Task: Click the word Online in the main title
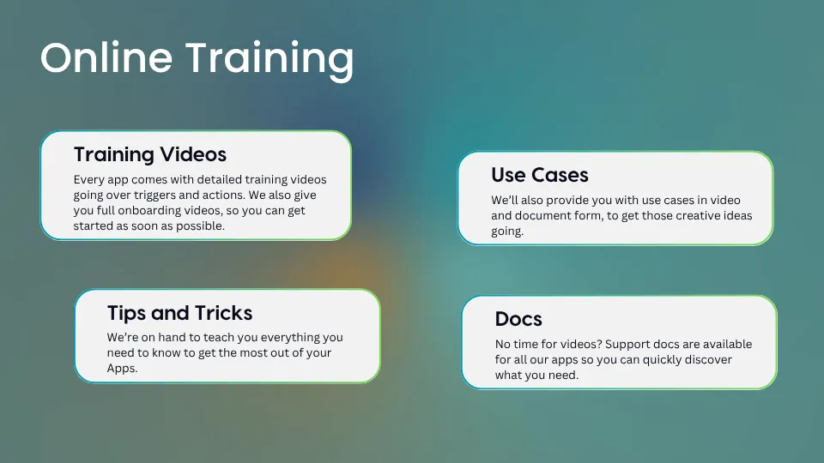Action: [x=106, y=57]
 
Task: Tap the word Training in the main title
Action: [x=270, y=61]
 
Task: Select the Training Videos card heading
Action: [x=149, y=154]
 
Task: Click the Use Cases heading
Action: [x=540, y=175]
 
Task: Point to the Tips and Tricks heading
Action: [x=179, y=314]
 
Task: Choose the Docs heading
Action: [x=518, y=319]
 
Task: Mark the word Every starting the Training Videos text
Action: [x=88, y=180]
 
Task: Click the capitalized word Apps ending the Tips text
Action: [x=122, y=369]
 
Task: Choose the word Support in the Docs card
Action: [x=627, y=345]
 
